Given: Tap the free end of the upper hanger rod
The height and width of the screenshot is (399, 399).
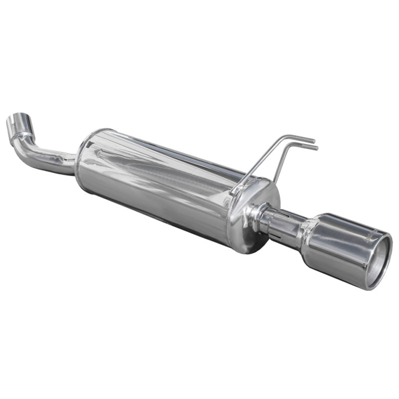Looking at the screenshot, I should (314, 141).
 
